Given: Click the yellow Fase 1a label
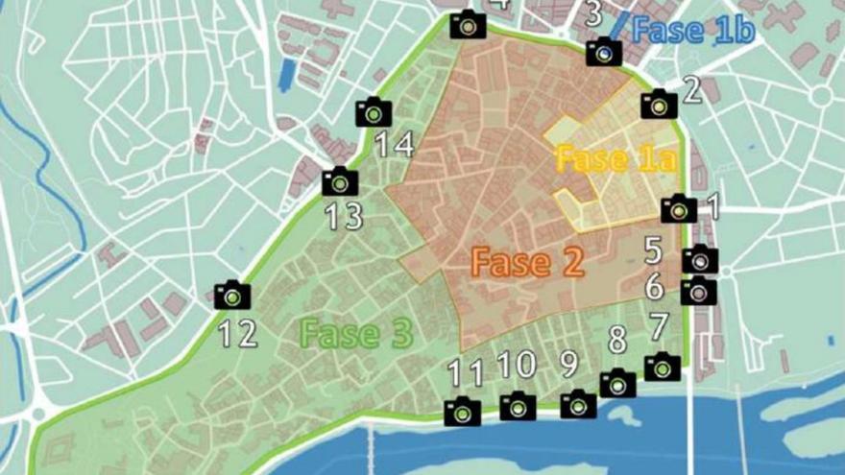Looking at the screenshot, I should (602, 158).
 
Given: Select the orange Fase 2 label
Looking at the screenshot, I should (527, 263).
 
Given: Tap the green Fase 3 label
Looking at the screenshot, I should (356, 334).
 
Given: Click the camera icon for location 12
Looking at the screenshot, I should (232, 295).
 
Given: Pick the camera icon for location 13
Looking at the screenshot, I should (340, 181).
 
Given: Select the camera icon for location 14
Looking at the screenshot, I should (374, 112).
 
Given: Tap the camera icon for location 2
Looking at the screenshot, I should (659, 104).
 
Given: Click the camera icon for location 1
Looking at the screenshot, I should (679, 208).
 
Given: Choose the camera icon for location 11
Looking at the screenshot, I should (462, 412).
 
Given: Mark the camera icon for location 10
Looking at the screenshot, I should (518, 406).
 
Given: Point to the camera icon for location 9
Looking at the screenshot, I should (578, 404).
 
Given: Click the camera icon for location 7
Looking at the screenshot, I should (662, 367).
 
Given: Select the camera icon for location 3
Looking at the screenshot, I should (604, 52).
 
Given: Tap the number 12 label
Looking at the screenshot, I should (237, 334).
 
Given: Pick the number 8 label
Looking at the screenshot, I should (617, 340).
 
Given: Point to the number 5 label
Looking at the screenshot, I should (653, 251).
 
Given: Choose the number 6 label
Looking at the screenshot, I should (654, 287).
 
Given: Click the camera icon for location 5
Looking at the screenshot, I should (699, 259).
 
